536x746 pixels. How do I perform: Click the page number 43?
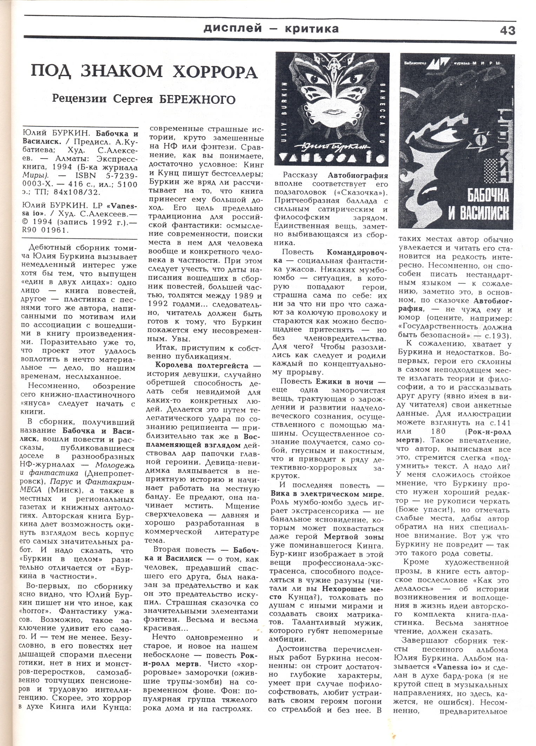[507, 30]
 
